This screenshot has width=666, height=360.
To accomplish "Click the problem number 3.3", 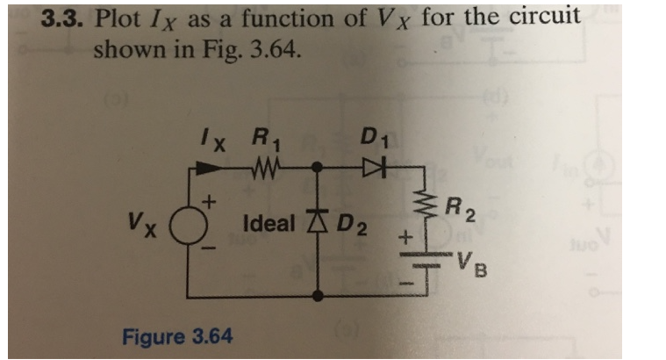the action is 66,18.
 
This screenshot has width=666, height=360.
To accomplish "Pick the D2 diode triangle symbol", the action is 316,223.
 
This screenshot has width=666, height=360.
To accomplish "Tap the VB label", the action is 469,263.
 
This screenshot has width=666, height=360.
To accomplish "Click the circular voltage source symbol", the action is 188,227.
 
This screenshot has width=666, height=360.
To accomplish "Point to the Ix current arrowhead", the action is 212,164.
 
